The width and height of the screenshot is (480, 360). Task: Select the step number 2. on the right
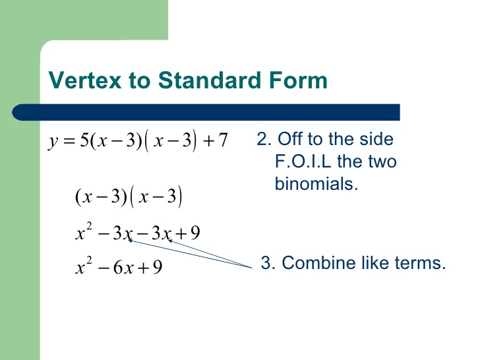pos(264,139)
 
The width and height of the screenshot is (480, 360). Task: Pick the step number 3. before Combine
pos(268,263)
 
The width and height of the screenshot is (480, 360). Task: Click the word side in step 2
pos(378,139)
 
